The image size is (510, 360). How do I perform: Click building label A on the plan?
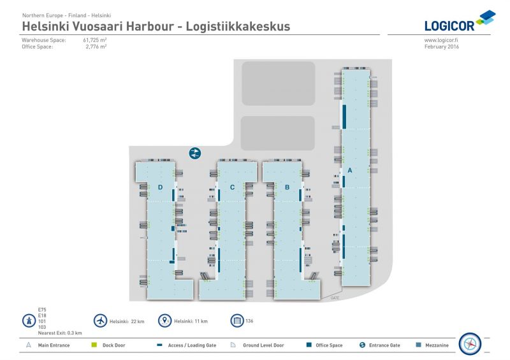point(349,170)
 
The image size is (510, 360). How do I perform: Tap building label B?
point(288,187)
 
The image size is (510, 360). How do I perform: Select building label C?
point(233,187)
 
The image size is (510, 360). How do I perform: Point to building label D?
point(161,187)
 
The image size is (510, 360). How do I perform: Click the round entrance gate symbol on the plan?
point(195,152)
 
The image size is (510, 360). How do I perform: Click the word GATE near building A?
point(335,298)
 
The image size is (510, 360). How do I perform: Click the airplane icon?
point(101,320)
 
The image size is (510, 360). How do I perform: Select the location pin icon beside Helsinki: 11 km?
point(165,320)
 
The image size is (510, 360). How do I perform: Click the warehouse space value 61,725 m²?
point(94,40)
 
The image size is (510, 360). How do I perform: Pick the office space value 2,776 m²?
point(96,47)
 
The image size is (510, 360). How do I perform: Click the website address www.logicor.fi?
point(441,40)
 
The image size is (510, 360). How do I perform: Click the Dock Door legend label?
point(114,345)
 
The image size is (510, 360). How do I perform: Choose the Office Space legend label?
point(328,345)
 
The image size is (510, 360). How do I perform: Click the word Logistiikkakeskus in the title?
point(237,27)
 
